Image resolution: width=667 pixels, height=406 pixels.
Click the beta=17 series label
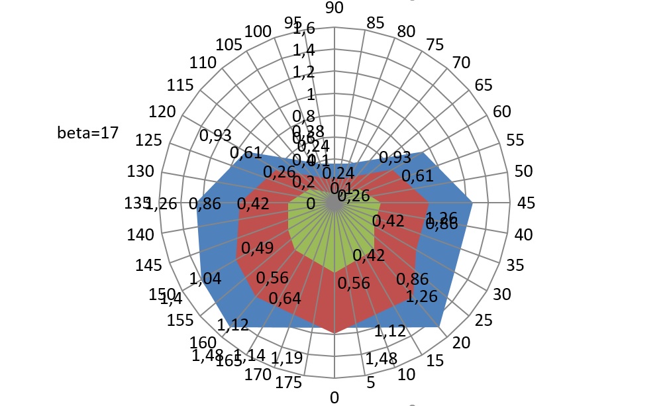(x=88, y=132)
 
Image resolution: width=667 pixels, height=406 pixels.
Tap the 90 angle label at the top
(x=334, y=8)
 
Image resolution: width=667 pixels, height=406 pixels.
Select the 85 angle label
(x=375, y=23)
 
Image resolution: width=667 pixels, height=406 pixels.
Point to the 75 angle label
(x=435, y=44)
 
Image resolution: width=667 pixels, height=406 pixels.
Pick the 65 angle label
(x=484, y=85)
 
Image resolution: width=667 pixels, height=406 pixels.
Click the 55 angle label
(x=514, y=140)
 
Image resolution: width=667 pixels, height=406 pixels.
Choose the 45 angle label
(x=526, y=203)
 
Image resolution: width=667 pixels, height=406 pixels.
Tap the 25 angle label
(x=484, y=321)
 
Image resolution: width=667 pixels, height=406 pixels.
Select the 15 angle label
(x=435, y=361)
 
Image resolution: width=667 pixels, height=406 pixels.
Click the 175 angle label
(x=289, y=382)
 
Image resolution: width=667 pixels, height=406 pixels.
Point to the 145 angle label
(x=149, y=266)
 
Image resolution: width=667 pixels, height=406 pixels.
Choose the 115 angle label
(x=180, y=85)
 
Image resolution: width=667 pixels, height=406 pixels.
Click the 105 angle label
(x=229, y=44)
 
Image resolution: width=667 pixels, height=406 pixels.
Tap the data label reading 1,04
(x=205, y=279)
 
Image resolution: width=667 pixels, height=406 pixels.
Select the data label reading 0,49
(x=257, y=248)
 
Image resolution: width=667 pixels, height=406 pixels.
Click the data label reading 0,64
(x=285, y=298)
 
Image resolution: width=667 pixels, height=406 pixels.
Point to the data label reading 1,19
(x=287, y=358)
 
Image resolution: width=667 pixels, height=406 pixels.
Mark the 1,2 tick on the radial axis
(x=304, y=72)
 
